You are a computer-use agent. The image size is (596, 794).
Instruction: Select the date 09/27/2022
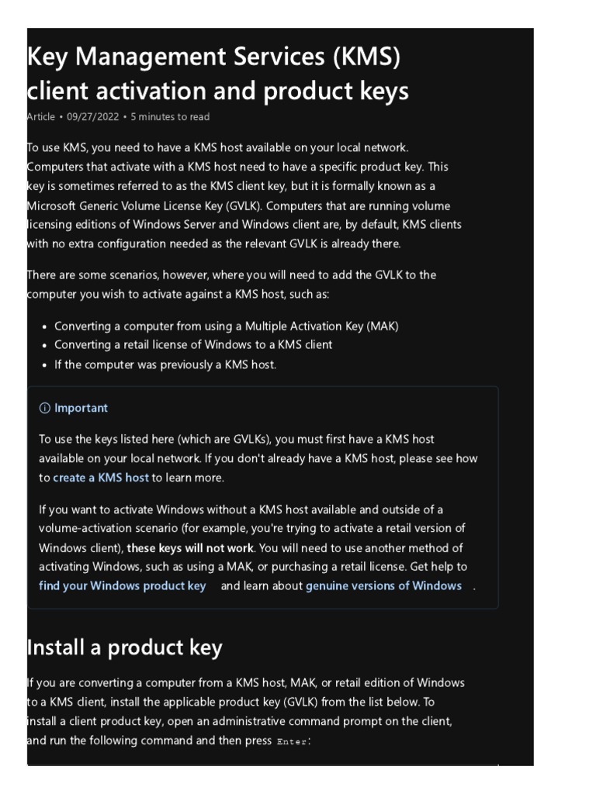pyautogui.click(x=93, y=117)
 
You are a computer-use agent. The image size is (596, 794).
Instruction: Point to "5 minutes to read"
pyautogui.click(x=170, y=117)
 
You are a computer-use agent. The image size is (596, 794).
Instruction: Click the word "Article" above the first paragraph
pyautogui.click(x=41, y=117)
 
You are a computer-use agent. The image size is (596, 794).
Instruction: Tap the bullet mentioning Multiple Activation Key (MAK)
pyautogui.click(x=226, y=326)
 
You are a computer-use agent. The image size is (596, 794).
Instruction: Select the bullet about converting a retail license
pyautogui.click(x=193, y=345)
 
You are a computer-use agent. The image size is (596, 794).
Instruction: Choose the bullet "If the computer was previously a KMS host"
pyautogui.click(x=165, y=364)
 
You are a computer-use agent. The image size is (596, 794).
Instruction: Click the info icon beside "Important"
pyautogui.click(x=44, y=409)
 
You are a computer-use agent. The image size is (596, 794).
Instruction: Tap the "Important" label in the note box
pyautogui.click(x=81, y=409)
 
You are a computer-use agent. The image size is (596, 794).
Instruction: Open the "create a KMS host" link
pyautogui.click(x=100, y=478)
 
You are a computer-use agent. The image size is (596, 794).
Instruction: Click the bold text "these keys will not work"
pyautogui.click(x=190, y=548)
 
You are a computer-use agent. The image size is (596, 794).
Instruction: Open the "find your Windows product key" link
pyautogui.click(x=122, y=586)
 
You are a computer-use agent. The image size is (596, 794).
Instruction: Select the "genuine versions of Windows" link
pyautogui.click(x=383, y=586)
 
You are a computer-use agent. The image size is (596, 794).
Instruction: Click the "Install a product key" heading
pyautogui.click(x=125, y=647)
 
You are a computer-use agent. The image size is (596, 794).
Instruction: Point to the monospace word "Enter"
pyautogui.click(x=292, y=742)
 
